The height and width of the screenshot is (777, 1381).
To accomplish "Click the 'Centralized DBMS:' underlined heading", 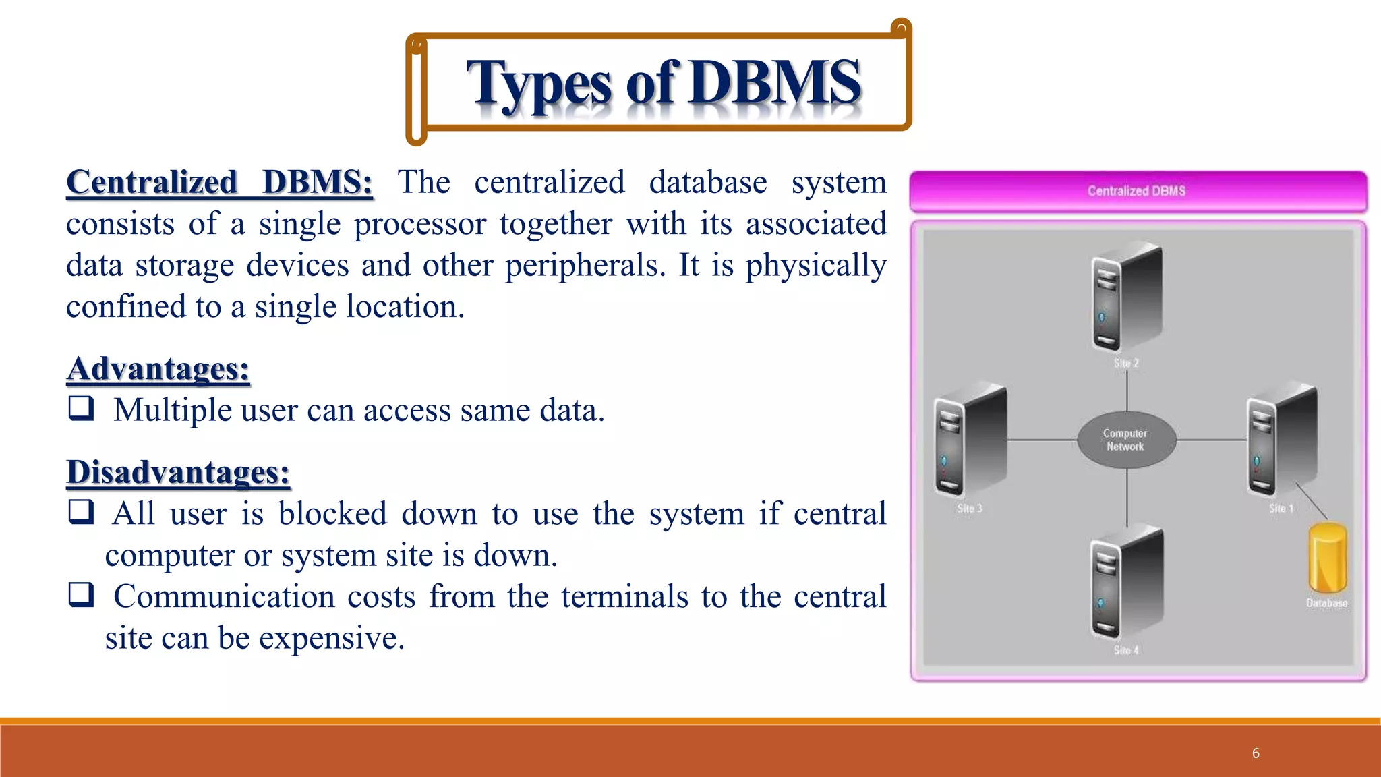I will (219, 183).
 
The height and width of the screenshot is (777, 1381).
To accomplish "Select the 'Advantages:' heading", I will (158, 369).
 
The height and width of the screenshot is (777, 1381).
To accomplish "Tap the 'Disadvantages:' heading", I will (178, 472).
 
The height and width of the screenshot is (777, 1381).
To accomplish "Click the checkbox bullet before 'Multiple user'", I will (81, 408).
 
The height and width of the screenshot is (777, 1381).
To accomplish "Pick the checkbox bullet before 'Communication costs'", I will (81, 594).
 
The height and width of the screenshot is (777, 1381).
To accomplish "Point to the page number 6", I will (1256, 753).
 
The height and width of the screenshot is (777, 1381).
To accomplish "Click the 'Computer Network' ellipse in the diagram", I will (1125, 440).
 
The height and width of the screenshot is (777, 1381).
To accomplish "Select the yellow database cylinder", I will (1327, 558).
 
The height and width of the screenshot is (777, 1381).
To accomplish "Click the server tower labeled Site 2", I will (1126, 297).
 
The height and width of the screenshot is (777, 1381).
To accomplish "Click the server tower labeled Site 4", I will (1126, 583).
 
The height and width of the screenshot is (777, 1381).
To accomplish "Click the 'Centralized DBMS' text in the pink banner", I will (1136, 191).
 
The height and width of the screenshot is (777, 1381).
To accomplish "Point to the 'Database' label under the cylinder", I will (1326, 603).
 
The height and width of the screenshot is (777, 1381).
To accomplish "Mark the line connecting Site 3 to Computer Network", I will (1042, 440).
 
